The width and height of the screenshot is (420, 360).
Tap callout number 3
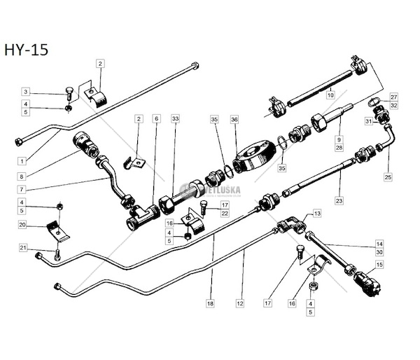click(x=25, y=92)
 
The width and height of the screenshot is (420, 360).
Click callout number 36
click(x=234, y=120)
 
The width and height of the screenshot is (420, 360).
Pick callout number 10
click(x=330, y=94)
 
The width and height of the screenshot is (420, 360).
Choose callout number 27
click(x=393, y=97)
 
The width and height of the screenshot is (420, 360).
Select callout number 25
click(x=387, y=177)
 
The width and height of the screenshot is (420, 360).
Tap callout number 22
click(x=225, y=212)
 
